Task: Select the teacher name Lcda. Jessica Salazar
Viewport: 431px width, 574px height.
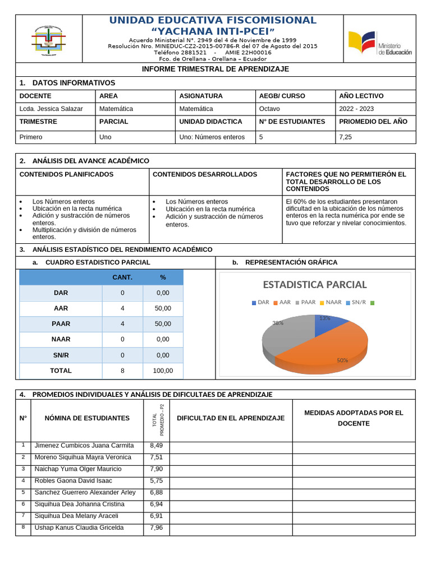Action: coord(51,109)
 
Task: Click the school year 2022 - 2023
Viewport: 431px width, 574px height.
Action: coord(356,109)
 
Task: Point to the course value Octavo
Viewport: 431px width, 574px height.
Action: coord(269,109)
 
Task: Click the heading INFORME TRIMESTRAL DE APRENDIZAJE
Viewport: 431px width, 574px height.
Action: coord(215,69)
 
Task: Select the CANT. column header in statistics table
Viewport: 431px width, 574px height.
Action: coord(122,277)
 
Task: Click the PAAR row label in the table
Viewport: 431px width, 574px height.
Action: coord(61,324)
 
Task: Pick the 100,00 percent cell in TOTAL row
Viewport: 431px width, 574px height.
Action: coord(163,371)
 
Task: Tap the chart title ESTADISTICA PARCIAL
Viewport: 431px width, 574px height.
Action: coord(314,285)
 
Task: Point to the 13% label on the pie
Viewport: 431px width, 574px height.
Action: coord(324,318)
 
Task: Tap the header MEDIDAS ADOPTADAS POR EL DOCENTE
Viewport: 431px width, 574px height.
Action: coord(354,418)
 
